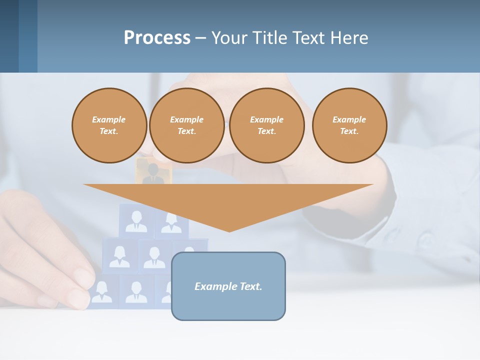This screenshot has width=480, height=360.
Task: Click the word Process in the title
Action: pyautogui.click(x=157, y=37)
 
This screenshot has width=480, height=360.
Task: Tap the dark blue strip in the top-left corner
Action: pyautogui.click(x=9, y=36)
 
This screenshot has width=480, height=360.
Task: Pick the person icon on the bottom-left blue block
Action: pyautogui.click(x=102, y=291)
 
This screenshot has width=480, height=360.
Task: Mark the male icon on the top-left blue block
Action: pyautogui.click(x=136, y=221)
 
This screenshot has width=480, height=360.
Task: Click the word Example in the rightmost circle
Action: pyautogui.click(x=349, y=119)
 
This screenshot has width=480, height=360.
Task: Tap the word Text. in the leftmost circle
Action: pyautogui.click(x=109, y=131)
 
